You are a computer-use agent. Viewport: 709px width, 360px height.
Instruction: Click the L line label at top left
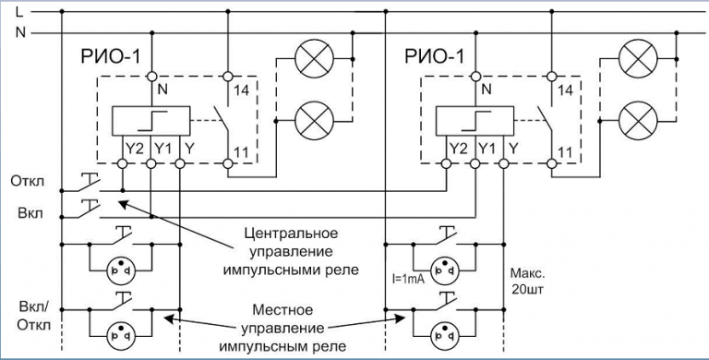point(19,12)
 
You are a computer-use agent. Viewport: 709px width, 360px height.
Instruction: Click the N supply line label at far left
point(19,33)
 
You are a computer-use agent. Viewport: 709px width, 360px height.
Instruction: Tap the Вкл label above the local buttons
point(28,213)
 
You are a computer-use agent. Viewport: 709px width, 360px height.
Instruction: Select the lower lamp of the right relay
point(634,118)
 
